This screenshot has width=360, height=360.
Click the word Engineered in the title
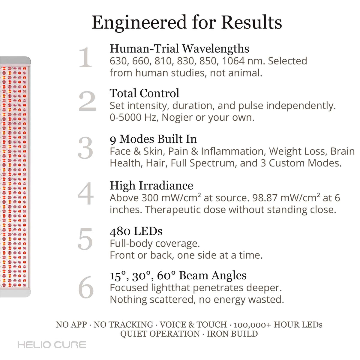pyautogui.click(x=139, y=23)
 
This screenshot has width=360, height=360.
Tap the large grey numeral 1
pyautogui.click(x=85, y=57)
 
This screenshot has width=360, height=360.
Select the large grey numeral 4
pyautogui.click(x=85, y=194)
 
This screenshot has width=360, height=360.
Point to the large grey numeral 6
pyautogui.click(x=86, y=287)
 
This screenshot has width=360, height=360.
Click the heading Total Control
pyautogui.click(x=144, y=93)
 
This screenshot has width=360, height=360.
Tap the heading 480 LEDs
pyautogui.click(x=136, y=231)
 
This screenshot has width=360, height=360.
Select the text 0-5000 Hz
pyautogui.click(x=133, y=118)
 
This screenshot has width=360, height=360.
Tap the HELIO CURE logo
pyautogui.click(x=52, y=345)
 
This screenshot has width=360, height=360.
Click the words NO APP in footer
pyautogui.click(x=71, y=325)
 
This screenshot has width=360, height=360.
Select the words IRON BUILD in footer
pyautogui.click(x=232, y=334)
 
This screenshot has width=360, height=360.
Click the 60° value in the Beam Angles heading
pyautogui.click(x=166, y=276)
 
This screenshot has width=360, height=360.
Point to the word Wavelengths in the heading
pyautogui.click(x=216, y=49)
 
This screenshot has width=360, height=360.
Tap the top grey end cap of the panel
pyautogui.click(x=15, y=61)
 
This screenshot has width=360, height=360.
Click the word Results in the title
pyautogui.click(x=252, y=23)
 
